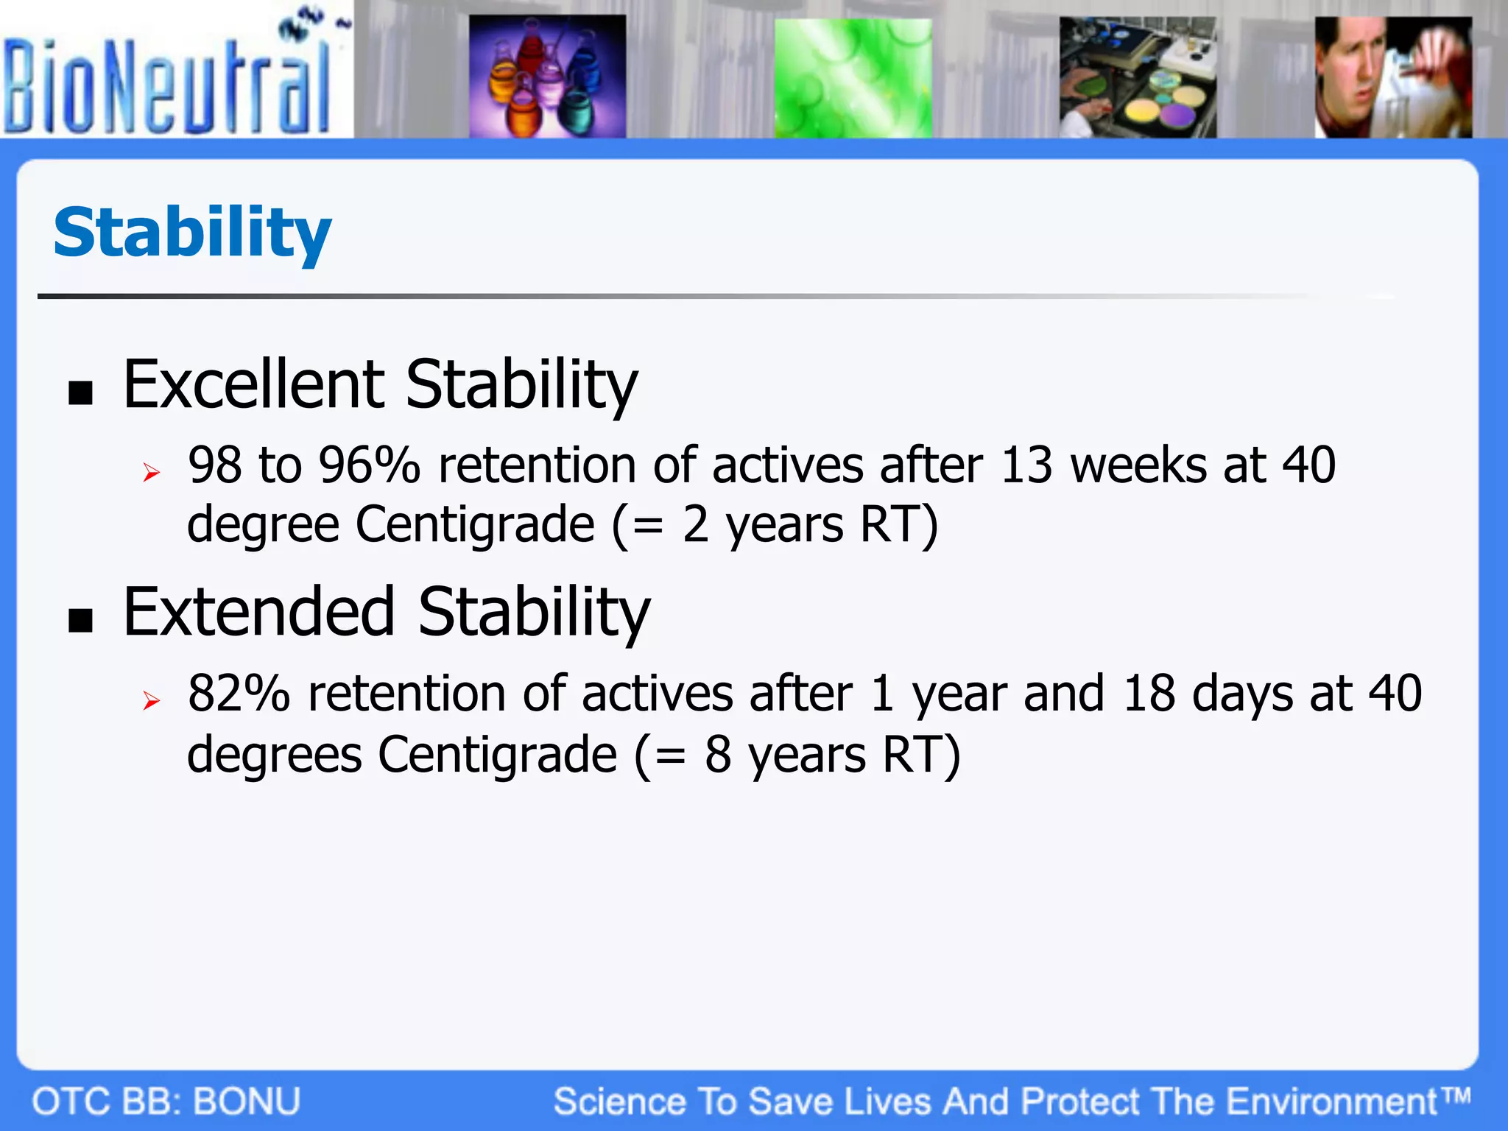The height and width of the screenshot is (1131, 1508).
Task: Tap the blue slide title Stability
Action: [x=192, y=233]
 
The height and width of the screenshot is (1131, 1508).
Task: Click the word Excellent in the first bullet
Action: [x=253, y=384]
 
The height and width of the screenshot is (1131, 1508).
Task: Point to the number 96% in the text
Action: [x=369, y=465]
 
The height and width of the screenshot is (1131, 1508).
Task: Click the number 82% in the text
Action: [x=239, y=694]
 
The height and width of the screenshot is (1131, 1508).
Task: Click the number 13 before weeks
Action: [x=1026, y=465]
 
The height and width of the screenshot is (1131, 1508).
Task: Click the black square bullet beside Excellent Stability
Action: [x=81, y=393]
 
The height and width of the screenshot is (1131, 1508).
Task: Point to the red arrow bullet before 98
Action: [x=152, y=472]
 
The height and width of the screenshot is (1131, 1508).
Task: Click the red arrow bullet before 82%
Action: [x=152, y=700]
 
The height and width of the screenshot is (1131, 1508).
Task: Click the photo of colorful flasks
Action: [x=547, y=77]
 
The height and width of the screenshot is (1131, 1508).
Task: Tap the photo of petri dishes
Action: [x=1138, y=77]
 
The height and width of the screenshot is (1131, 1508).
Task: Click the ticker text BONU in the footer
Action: [x=247, y=1102]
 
